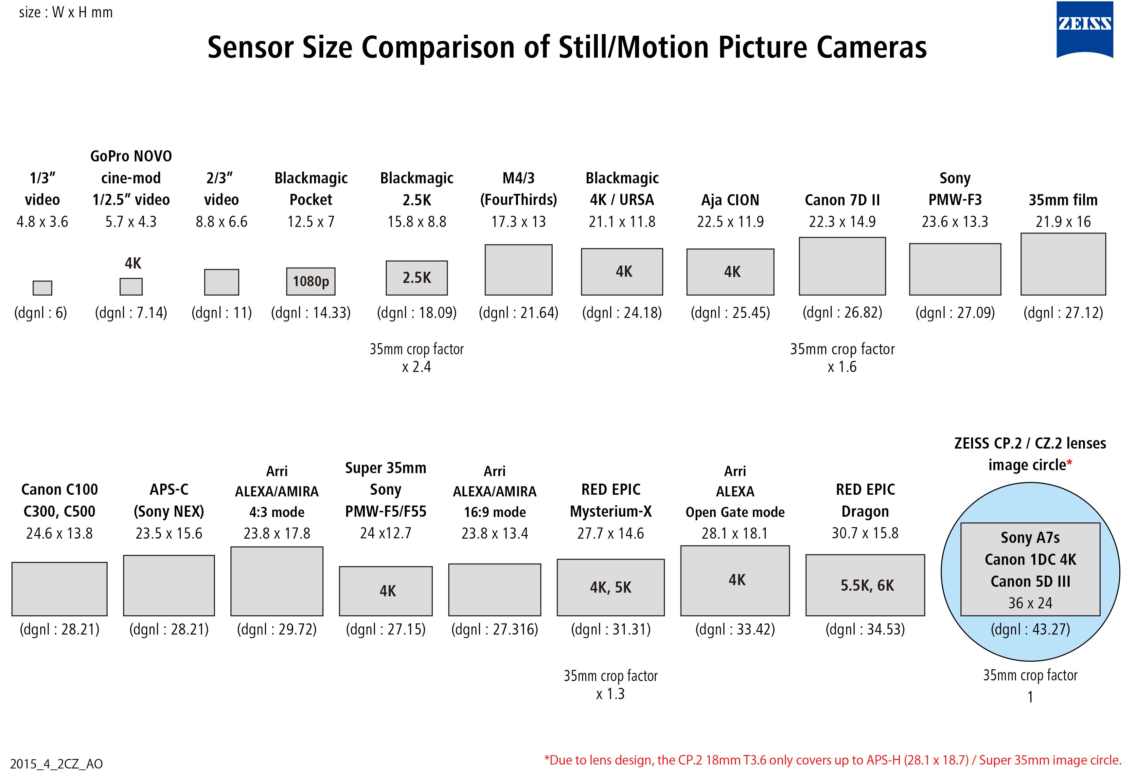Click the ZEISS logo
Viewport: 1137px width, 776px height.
point(1084,29)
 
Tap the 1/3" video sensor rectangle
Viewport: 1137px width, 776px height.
point(42,288)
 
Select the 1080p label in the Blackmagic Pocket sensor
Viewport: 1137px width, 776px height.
point(311,282)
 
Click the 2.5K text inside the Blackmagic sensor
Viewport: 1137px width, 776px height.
point(417,278)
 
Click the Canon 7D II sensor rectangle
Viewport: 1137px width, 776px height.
point(842,266)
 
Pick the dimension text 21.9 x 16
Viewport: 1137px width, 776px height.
point(1063,222)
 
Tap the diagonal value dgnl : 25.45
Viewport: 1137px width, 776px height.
point(730,312)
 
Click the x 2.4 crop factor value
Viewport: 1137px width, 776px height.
point(416,367)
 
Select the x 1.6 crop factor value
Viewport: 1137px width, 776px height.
point(842,367)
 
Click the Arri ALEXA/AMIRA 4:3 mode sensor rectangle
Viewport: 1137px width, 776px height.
point(276,581)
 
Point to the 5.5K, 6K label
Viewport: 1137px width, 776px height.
point(867,585)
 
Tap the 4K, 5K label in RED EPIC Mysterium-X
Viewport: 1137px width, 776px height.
point(611,587)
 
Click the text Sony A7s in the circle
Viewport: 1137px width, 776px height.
point(1030,538)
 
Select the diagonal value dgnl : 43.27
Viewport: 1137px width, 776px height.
point(1030,629)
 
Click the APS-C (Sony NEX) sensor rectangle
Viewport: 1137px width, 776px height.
point(169,585)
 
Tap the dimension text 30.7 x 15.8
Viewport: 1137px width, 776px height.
point(865,533)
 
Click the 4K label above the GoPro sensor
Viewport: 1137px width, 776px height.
point(133,263)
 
